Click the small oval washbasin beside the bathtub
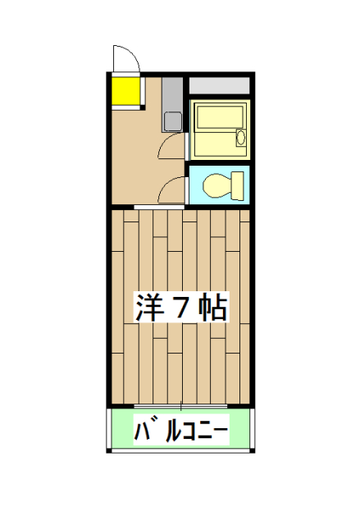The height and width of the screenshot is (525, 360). point(240,136)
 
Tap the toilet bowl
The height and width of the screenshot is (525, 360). point(216,185)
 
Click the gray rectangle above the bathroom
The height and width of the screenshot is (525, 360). point(219,85)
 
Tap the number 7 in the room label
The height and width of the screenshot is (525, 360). point(183,308)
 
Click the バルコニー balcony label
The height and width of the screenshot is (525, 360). point(180,429)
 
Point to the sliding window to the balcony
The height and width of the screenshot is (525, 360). point(180,405)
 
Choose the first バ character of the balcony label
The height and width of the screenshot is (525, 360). point(144,429)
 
